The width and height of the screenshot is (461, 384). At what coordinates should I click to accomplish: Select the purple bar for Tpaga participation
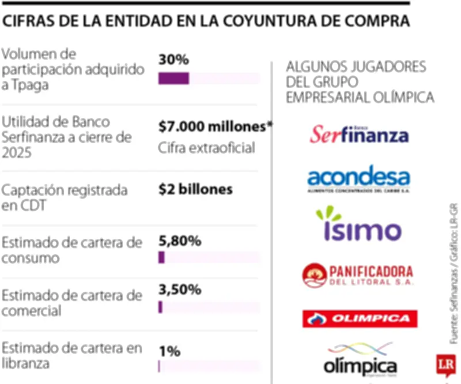pos(173,78)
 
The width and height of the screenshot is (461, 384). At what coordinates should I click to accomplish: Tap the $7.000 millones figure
pos(215,127)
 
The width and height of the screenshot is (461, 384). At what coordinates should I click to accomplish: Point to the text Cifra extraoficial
pos(206,148)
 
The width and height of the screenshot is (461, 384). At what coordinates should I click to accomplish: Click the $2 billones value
pos(195,189)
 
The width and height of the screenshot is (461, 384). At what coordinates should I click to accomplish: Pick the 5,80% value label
pos(180,241)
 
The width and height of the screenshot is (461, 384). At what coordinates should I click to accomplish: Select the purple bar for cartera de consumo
pos(162,258)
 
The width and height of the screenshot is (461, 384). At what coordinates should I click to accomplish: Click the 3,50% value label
pos(180,289)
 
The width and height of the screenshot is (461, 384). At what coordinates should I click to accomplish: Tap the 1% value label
pos(170,351)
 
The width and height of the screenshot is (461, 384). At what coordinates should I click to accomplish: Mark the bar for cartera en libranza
pos(160,366)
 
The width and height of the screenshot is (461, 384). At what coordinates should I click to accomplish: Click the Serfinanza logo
pos(359,134)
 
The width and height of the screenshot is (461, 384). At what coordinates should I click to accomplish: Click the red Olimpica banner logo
pos(360,318)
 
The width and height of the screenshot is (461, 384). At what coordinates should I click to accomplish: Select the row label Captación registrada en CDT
pos(65,198)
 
